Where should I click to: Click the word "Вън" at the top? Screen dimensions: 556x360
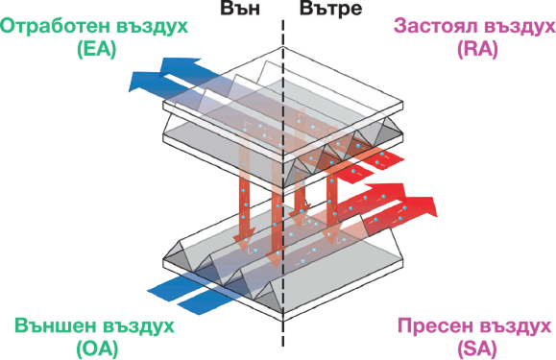tap(242, 11)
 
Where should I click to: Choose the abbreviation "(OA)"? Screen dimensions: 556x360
tap(96, 347)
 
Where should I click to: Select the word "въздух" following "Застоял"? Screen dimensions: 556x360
tap(517, 25)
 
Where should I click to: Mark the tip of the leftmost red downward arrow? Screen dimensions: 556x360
tap(244, 240)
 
